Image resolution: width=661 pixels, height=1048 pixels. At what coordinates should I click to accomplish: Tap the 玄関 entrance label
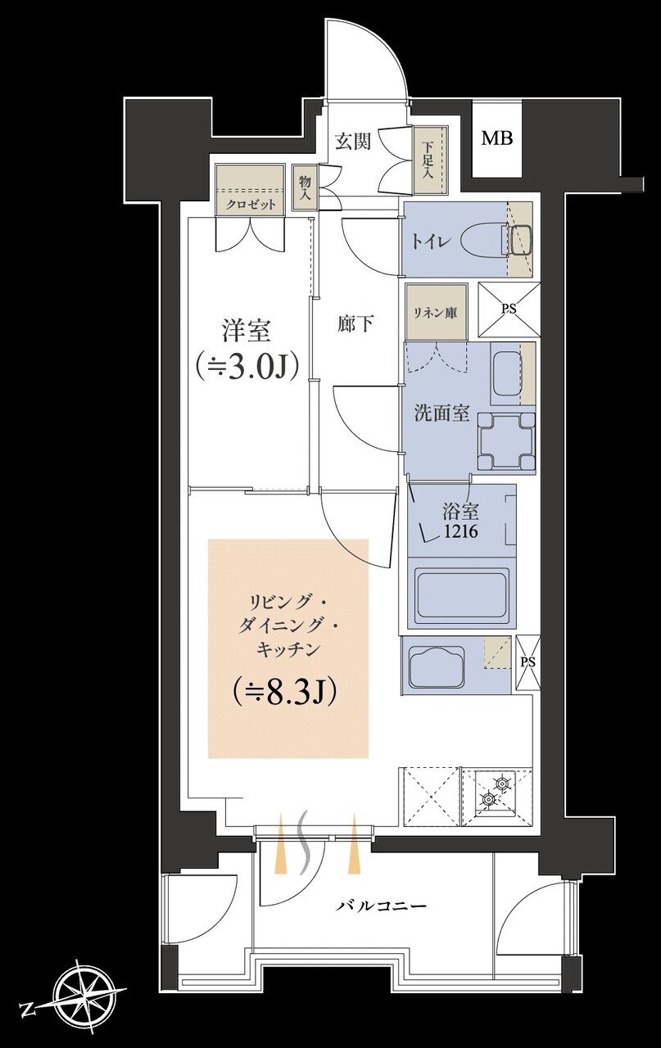coord(353,141)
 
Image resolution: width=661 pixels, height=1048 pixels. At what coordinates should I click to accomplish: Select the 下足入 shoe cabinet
coord(428,160)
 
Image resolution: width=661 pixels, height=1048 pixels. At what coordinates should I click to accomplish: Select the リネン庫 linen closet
coord(434,312)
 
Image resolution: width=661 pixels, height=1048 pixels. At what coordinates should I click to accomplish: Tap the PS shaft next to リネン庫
coord(509,309)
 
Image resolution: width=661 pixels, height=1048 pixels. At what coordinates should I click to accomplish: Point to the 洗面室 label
coord(441,413)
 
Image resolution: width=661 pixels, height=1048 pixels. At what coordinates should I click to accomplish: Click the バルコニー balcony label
coord(382,906)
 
